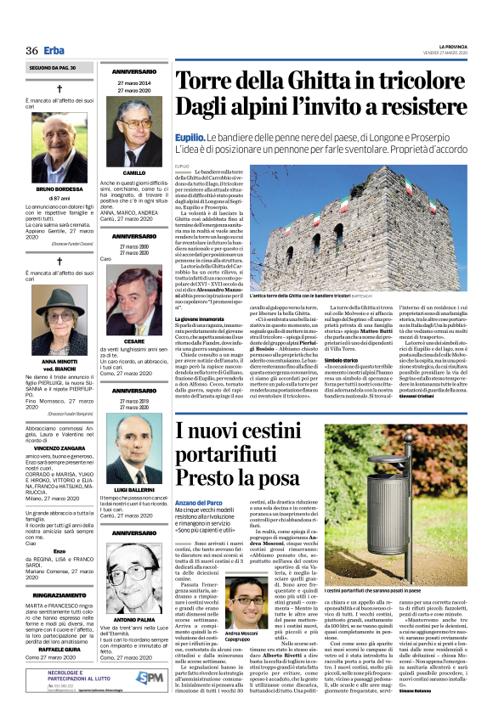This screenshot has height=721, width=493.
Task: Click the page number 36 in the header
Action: click(32, 50)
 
